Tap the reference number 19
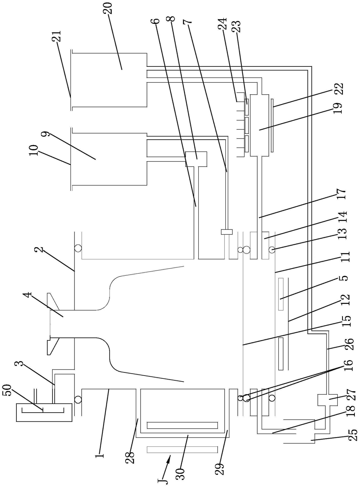(338, 108)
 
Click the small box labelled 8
(196, 159)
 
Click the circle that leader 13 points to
(272, 250)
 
